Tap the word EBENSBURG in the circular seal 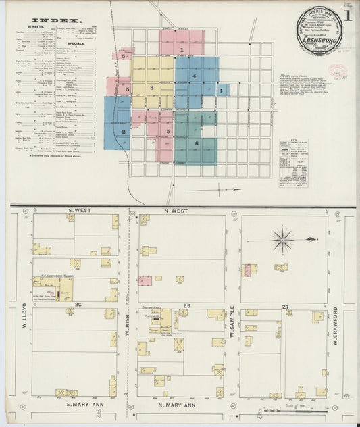[319, 38]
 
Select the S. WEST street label [80, 211]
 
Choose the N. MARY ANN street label [176, 405]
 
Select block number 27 [286, 305]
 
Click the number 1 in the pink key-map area [181, 50]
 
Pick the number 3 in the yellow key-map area [152, 87]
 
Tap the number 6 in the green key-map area [196, 143]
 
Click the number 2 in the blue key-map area [124, 132]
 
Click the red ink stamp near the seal [336, 72]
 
